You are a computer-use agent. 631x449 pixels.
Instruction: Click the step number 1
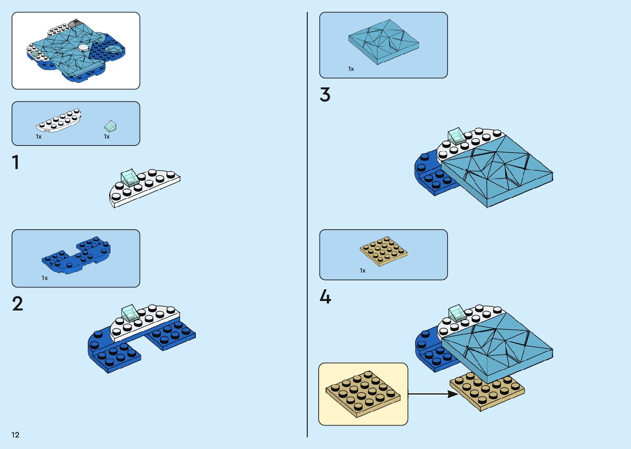click(x=16, y=162)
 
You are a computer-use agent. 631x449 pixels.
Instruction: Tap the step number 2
click(x=17, y=304)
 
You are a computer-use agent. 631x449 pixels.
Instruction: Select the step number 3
click(x=325, y=95)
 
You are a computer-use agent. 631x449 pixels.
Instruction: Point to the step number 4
click(x=325, y=297)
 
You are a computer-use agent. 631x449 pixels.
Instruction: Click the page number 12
click(x=15, y=435)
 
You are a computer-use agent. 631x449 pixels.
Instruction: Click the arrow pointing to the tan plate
click(x=433, y=394)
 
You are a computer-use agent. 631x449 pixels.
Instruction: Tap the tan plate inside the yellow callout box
click(x=363, y=393)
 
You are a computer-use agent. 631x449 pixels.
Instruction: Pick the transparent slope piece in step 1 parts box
click(x=110, y=125)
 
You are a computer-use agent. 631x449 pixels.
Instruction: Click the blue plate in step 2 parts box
click(x=76, y=255)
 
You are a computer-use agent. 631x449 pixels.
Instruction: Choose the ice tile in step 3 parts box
click(x=383, y=42)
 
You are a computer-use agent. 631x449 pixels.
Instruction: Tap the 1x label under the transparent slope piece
click(x=107, y=136)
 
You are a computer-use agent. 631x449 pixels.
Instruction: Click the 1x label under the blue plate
click(x=45, y=278)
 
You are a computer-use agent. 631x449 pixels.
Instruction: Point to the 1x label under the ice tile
click(x=351, y=69)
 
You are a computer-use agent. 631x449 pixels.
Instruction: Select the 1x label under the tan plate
click(x=363, y=270)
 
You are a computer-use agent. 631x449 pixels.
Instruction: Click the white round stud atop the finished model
click(x=84, y=47)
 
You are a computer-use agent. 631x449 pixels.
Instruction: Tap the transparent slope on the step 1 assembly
click(x=130, y=177)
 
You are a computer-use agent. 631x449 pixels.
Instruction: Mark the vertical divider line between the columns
click(x=307, y=225)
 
